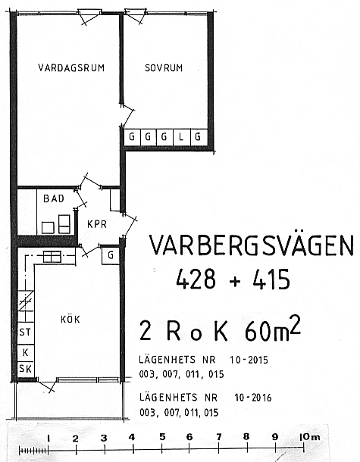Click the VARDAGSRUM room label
click(x=71, y=68)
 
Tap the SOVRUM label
click(x=164, y=68)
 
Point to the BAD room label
click(x=54, y=198)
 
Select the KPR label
click(x=97, y=224)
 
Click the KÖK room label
click(x=70, y=319)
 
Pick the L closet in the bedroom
click(x=182, y=137)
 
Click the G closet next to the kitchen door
click(x=111, y=255)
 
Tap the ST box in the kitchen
click(x=25, y=332)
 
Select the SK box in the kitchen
click(x=25, y=369)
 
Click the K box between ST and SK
click(x=25, y=352)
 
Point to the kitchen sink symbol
click(x=52, y=256)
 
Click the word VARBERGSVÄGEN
click(x=252, y=245)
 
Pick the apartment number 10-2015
click(x=249, y=360)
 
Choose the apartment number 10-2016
click(x=253, y=398)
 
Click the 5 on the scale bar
click(x=162, y=437)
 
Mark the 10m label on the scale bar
click(x=309, y=437)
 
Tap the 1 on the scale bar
click(x=49, y=439)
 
